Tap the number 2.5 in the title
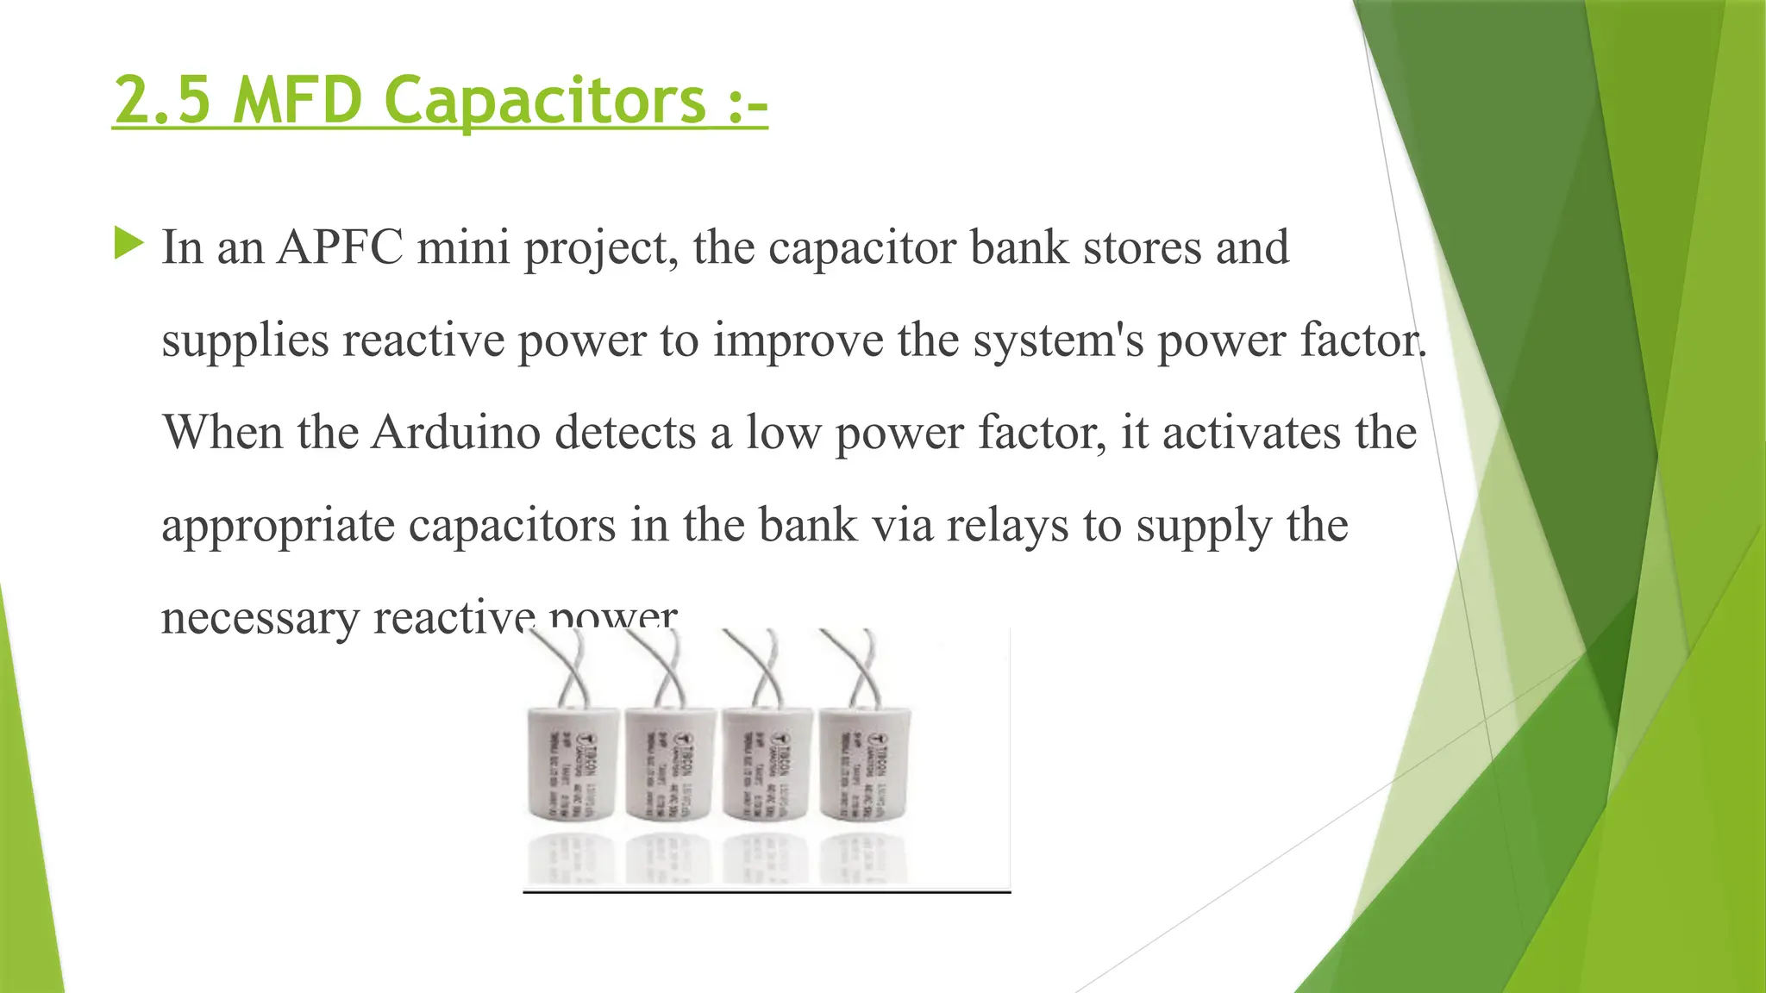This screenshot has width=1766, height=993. tap(162, 101)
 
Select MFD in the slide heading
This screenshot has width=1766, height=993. tap(297, 101)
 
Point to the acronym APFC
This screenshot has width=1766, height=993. tap(340, 247)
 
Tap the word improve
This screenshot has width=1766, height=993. tap(798, 340)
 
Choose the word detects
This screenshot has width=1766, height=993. tap(625, 432)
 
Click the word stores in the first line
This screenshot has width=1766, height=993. tap(1143, 247)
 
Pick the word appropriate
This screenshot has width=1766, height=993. tap(278, 527)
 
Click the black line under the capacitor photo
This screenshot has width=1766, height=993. tap(767, 892)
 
